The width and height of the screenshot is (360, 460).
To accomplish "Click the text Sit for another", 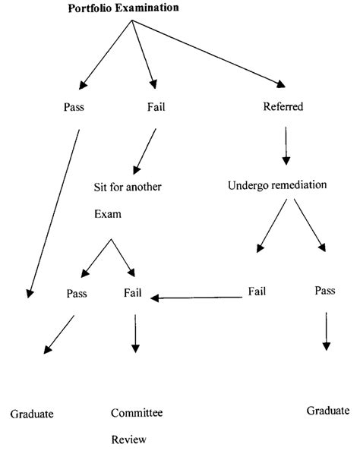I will [x=134, y=186].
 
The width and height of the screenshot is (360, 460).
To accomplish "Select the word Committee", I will [x=137, y=413].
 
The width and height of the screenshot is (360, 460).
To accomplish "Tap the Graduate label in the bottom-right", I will [x=328, y=411].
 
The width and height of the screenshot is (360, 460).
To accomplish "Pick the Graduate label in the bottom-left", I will [x=32, y=414].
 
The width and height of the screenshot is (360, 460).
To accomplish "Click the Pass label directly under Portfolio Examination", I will [x=74, y=107].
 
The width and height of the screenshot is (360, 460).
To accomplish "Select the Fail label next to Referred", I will [x=156, y=107].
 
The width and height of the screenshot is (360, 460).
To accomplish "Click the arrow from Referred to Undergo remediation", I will [x=286, y=146].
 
